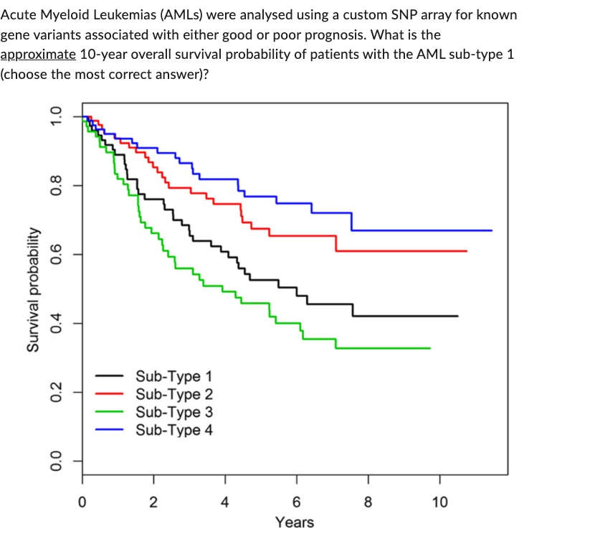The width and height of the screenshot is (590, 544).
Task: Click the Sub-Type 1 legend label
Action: tap(173, 375)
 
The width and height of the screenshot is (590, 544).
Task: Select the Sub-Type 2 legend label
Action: tap(173, 393)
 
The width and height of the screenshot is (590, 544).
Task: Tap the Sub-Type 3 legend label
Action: tap(173, 412)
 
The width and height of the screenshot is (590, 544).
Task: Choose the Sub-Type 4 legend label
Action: tap(173, 430)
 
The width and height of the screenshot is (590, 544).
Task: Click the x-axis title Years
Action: tap(295, 522)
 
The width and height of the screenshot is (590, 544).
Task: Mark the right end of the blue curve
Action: tap(492, 230)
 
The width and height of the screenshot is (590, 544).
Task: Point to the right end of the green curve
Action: tap(430, 348)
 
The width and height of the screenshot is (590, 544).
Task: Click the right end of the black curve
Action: tap(457, 316)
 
